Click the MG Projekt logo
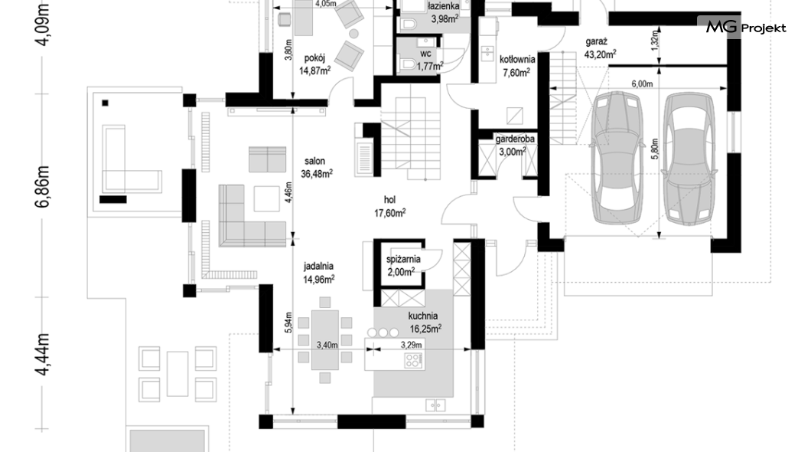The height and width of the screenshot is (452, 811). click(746, 27)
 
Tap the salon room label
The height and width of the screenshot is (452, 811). click(314, 161)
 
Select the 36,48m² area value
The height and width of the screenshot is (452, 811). click(317, 174)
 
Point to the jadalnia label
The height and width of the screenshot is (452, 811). click(318, 266)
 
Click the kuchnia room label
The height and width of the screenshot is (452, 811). click(422, 316)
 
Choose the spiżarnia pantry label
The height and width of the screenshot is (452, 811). click(403, 260)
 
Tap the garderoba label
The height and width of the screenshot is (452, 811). click(515, 139)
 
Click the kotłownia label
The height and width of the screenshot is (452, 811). click(517, 60)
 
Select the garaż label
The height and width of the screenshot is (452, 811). click(596, 42)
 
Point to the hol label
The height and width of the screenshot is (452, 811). click(389, 200)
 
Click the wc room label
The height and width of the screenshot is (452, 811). click(425, 54)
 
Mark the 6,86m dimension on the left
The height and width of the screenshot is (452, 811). click(43, 187)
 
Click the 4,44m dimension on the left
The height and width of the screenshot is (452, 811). click(43, 355)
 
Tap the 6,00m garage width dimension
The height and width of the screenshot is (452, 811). click(642, 84)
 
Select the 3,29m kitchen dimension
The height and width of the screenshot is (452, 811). click(411, 345)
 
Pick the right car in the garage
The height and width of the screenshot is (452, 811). click(689, 159)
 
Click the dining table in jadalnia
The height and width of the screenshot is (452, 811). click(325, 339)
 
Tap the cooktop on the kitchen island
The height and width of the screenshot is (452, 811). click(413, 360)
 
